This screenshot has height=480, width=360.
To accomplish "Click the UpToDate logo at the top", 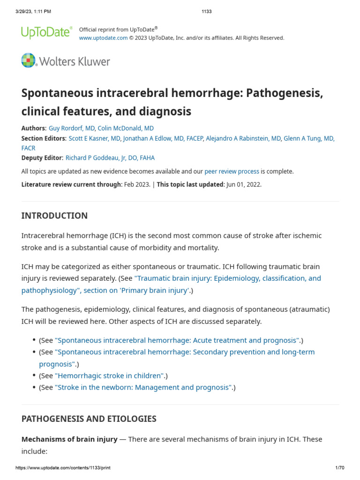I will pos(46,32).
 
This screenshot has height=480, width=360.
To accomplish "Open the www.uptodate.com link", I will pos(103,38).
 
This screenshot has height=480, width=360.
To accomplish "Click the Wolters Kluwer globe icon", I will pos(28,60).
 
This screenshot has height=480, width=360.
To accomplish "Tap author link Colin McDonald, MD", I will pos(126,128).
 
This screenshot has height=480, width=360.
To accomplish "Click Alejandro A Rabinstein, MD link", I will pos(243,138).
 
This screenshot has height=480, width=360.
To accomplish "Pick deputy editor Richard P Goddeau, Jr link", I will pos(110,158).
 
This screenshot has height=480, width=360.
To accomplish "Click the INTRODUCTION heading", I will pos(54,216).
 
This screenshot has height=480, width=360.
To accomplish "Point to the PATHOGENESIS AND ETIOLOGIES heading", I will pos(89,419).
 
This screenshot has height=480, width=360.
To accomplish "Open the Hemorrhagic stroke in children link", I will pos(110,375).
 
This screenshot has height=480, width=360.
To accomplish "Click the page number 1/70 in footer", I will pos(340,468).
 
